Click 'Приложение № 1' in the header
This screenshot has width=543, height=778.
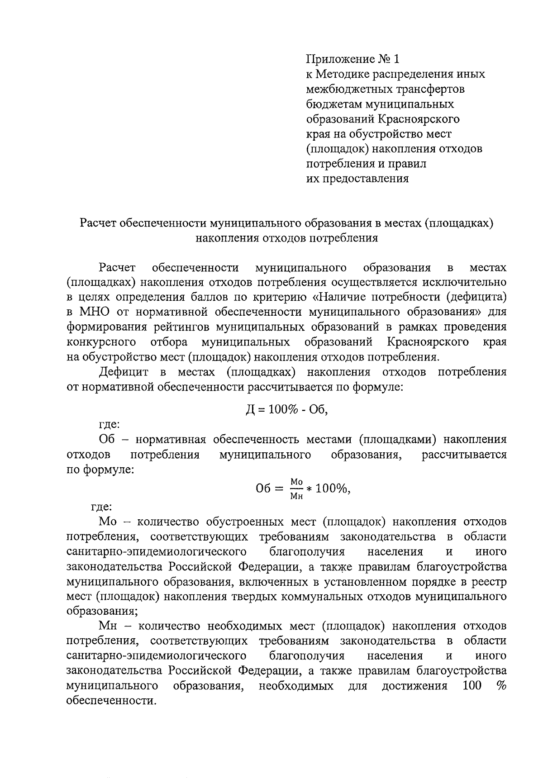[353, 59]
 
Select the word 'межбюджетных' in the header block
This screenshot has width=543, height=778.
[346, 89]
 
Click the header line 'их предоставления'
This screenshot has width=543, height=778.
[357, 179]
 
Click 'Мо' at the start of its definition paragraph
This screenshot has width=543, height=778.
[108, 522]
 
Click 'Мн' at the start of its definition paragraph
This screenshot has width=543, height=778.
[108, 626]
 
